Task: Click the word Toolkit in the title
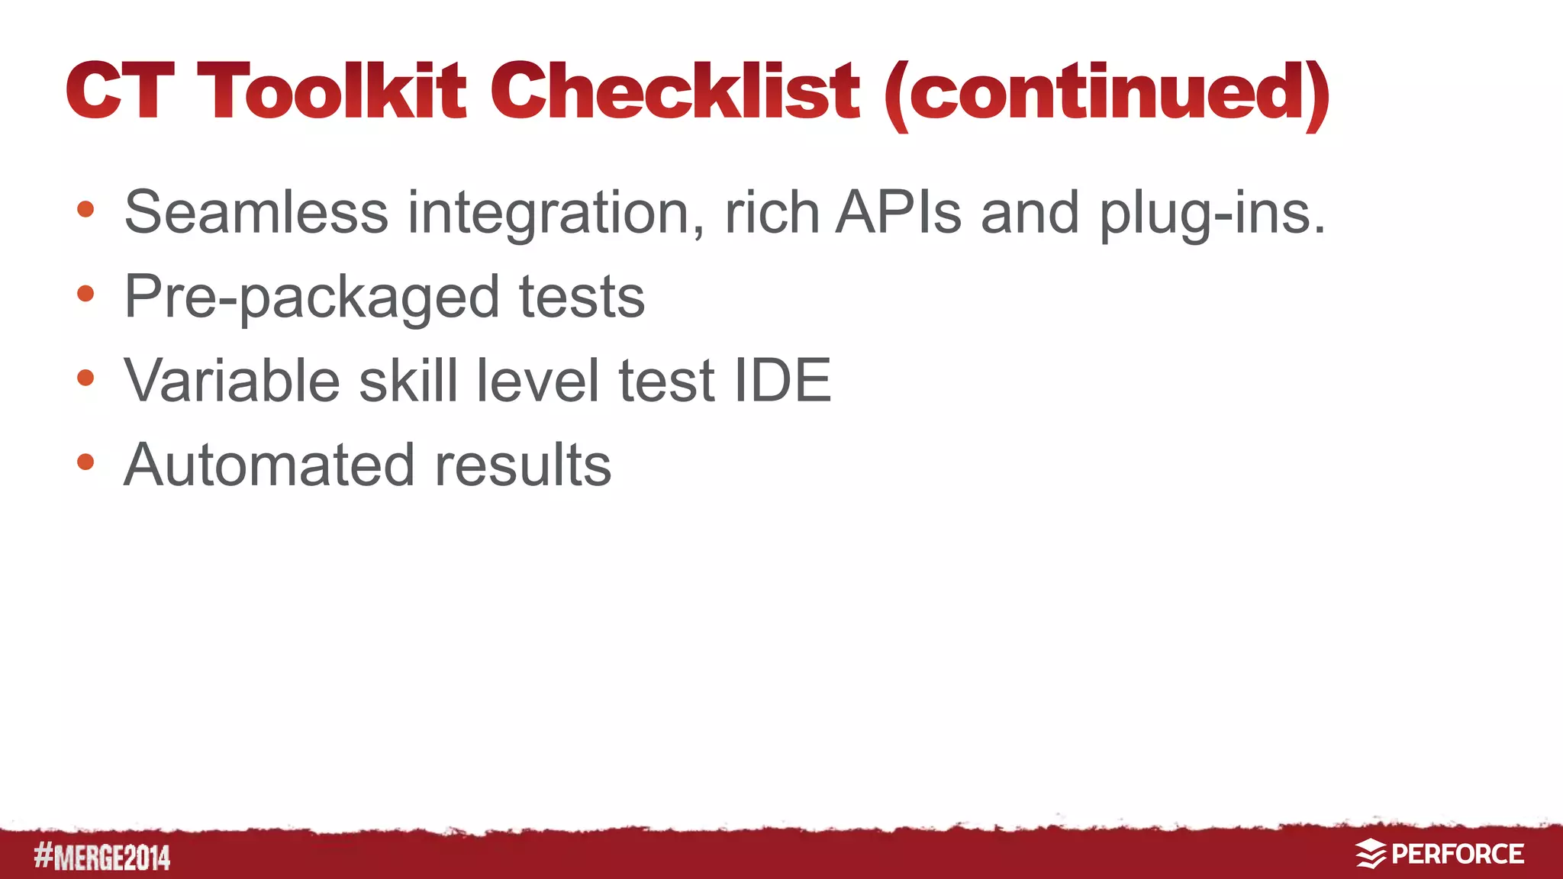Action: (x=331, y=92)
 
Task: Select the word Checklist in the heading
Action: (x=675, y=92)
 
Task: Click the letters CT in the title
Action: (x=120, y=92)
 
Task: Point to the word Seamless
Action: (x=256, y=212)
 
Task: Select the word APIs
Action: (x=898, y=212)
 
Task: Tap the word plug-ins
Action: (x=1212, y=215)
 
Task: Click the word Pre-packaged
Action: (x=311, y=298)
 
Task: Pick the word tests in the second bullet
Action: (x=582, y=296)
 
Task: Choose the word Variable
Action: (x=232, y=380)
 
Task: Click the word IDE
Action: (x=781, y=380)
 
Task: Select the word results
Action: (x=523, y=464)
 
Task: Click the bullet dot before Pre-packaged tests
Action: (x=85, y=293)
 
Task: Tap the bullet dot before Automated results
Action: (x=85, y=462)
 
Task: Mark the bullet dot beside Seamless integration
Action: (x=85, y=208)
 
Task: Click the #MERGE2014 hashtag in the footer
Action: (x=102, y=857)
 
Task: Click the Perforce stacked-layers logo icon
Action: (x=1371, y=854)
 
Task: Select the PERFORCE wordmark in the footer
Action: (x=1458, y=854)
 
